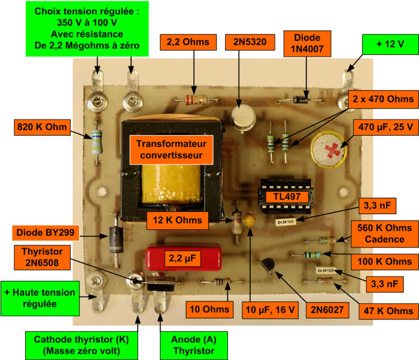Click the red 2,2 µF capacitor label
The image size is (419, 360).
point(183,258)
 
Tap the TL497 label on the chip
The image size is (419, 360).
point(287,197)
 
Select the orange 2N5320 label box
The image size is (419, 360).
point(250,42)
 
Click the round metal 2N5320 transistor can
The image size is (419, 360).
point(244,117)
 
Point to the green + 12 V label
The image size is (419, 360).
point(390,44)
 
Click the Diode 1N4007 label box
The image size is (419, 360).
point(307,44)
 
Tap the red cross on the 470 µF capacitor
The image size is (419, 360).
point(333,150)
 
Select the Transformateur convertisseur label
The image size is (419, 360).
point(171,150)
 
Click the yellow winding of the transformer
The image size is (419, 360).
point(171,184)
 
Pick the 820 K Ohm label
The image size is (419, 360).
point(42,127)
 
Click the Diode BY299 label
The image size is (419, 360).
point(45,233)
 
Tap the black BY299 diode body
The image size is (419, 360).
point(116,240)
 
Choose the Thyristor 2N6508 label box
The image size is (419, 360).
point(42,257)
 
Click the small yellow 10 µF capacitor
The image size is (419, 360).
point(249,219)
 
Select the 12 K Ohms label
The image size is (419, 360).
point(177,220)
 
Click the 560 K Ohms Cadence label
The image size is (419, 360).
point(384,234)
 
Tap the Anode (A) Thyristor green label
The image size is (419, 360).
point(194,345)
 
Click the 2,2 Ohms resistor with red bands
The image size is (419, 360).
point(196,100)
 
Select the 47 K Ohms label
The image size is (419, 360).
point(388,311)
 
